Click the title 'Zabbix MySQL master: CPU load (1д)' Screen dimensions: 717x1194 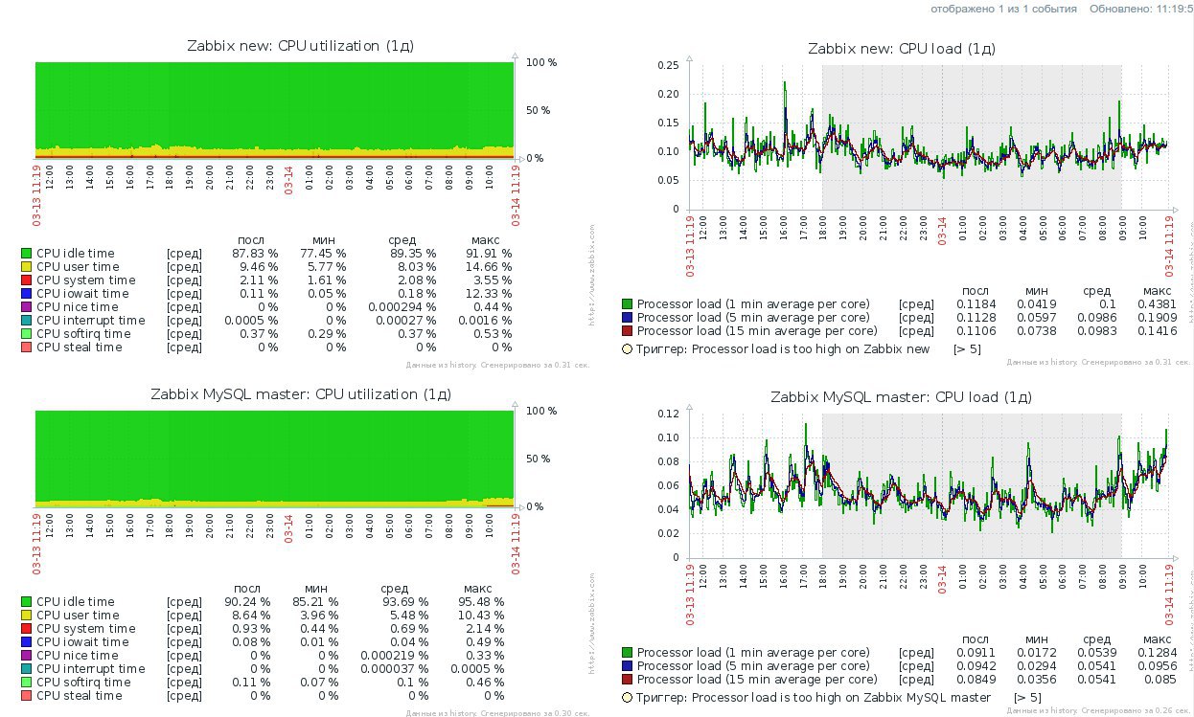[901, 396]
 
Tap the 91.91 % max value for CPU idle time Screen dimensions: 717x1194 [492, 254]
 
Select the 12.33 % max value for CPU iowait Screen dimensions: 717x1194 [492, 294]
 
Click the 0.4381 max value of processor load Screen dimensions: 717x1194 [1158, 304]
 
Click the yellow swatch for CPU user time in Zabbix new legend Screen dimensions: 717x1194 [26, 267]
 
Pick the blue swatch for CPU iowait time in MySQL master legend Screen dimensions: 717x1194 [26, 642]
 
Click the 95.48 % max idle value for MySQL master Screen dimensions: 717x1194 [484, 602]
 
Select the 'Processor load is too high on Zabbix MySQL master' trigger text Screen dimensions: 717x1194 [814, 697]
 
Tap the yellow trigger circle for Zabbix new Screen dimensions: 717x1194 [628, 349]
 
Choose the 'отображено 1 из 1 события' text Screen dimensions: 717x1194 [1002, 9]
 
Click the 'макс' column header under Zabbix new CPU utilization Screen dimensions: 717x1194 [486, 239]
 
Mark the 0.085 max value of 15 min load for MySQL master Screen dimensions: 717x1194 [1161, 680]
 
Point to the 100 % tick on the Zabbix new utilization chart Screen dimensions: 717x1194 [540, 62]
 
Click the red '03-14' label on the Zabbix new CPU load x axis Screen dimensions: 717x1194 [941, 234]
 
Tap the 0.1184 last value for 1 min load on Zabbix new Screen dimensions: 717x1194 [975, 304]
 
